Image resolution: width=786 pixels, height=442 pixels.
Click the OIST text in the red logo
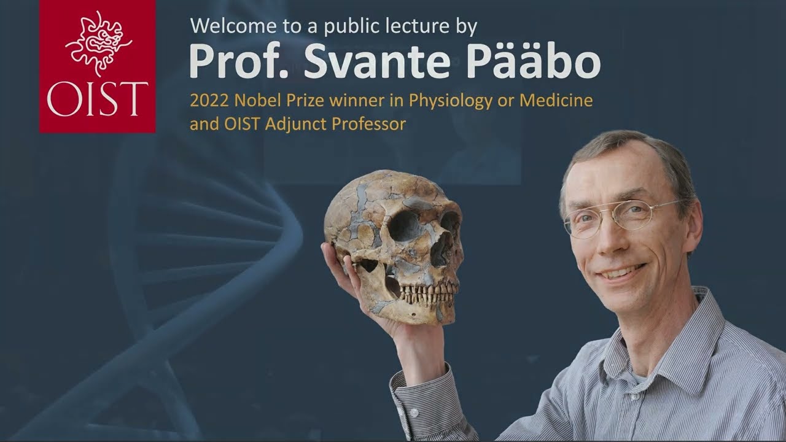(x=97, y=99)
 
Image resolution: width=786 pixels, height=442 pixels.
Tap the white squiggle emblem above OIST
(x=98, y=44)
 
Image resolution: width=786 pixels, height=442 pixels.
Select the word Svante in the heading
(x=377, y=61)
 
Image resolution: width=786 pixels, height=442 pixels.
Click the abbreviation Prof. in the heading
(x=239, y=60)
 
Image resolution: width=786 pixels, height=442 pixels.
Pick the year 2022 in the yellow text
(x=209, y=100)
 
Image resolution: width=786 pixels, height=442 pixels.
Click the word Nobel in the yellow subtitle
(x=257, y=100)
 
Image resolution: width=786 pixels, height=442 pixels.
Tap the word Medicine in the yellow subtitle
(x=556, y=100)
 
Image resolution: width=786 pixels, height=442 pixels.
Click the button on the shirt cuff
(x=414, y=413)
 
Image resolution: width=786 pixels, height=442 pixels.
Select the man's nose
(x=609, y=239)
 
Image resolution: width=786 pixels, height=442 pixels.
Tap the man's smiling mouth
(x=622, y=273)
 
